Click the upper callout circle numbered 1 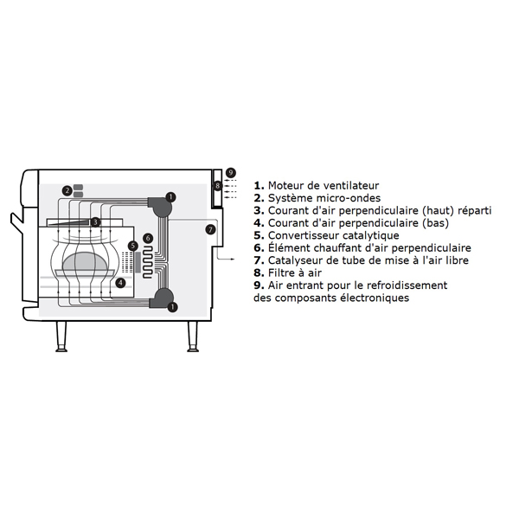click(x=170, y=197)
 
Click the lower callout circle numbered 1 click(x=172, y=307)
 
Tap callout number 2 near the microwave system click(x=67, y=190)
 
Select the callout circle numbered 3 click(x=95, y=221)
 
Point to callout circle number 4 click(x=121, y=283)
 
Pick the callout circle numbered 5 click(x=132, y=246)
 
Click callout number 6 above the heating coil click(x=148, y=238)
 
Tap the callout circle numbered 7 click(x=210, y=229)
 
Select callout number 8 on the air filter click(x=217, y=186)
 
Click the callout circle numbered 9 click(x=231, y=173)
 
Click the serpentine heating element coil click(x=147, y=262)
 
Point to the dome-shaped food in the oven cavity click(x=85, y=261)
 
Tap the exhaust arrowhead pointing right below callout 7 click(x=233, y=259)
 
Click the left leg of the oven click(x=61, y=336)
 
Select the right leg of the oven click(x=193, y=336)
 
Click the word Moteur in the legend click(x=285, y=185)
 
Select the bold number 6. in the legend click(x=259, y=248)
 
